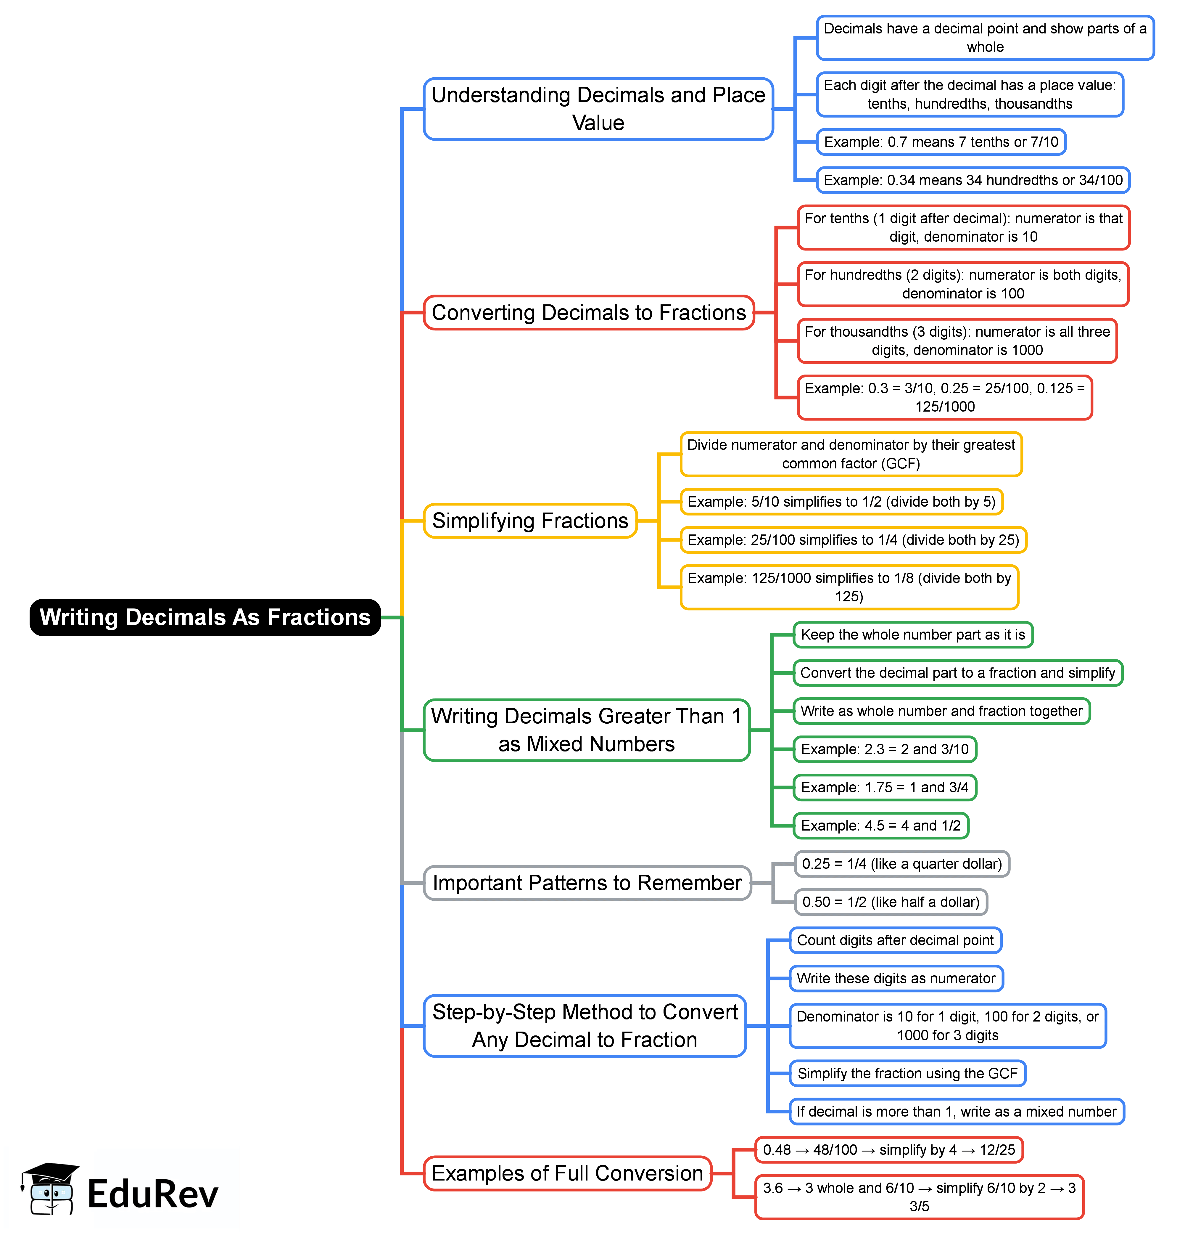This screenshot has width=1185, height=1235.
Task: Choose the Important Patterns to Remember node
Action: pyautogui.click(x=587, y=883)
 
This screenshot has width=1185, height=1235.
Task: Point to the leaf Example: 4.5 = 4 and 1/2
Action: pyautogui.click(x=880, y=826)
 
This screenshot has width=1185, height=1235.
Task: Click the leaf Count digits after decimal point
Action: pyautogui.click(x=895, y=940)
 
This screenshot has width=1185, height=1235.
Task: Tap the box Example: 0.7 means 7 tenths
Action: pyautogui.click(x=941, y=142)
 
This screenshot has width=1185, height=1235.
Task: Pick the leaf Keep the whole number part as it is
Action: pyautogui.click(x=912, y=635)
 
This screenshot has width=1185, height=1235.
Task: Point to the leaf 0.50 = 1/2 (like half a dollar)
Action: pyautogui.click(x=890, y=902)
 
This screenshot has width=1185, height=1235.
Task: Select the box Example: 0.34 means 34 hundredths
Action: pyautogui.click(x=973, y=180)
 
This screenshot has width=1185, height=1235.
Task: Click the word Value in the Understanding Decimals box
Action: pyautogui.click(x=598, y=123)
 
